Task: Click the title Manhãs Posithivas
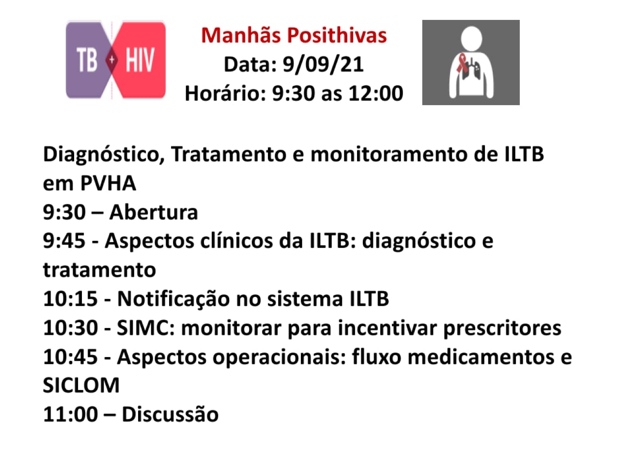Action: [294, 35]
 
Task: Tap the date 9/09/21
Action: [323, 64]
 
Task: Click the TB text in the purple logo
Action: [87, 61]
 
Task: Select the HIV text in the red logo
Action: [140, 61]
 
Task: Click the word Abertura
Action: [154, 212]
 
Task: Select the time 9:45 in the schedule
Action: [64, 241]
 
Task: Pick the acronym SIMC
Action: [145, 328]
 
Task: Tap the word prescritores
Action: [502, 328]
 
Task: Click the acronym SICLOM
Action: [81, 386]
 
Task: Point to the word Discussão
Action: [170, 415]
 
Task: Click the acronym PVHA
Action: [108, 183]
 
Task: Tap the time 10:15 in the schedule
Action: [70, 299]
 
